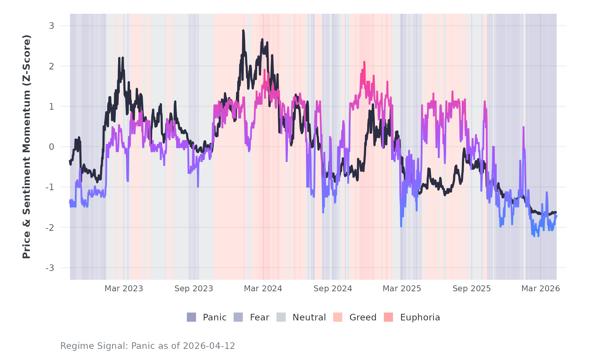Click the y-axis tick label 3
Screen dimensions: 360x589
(x=51, y=26)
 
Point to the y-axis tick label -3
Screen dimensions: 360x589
(x=50, y=268)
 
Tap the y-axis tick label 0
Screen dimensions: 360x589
(x=51, y=147)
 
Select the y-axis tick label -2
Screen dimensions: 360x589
(x=50, y=228)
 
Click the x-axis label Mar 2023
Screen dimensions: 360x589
(x=124, y=289)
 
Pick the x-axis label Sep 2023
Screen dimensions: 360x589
(x=194, y=289)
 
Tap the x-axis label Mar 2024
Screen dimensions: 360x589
(x=263, y=289)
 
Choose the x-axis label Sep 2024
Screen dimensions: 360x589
(x=333, y=289)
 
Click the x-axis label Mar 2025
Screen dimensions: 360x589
(x=402, y=289)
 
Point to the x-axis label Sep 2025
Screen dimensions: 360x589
(x=472, y=289)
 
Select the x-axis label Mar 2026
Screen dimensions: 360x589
(x=541, y=289)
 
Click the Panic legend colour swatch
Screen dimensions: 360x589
(x=191, y=317)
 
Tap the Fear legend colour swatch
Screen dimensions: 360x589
(x=238, y=317)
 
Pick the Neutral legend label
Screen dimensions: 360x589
(x=309, y=317)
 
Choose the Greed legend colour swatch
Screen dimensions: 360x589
(x=338, y=317)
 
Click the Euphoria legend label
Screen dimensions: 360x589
(x=420, y=317)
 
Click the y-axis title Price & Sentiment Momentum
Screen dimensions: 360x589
(x=27, y=147)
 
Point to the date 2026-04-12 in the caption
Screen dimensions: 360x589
(x=209, y=346)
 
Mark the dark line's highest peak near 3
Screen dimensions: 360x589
(x=243, y=30)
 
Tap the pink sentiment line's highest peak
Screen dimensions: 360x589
(x=364, y=62)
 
